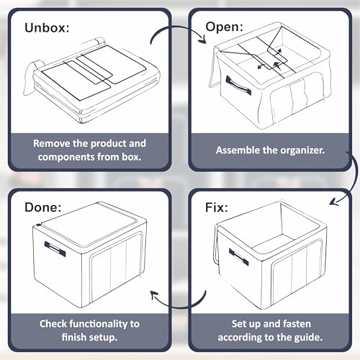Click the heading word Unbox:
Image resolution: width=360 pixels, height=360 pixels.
[47, 27]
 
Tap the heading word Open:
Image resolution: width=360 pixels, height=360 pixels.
[224, 27]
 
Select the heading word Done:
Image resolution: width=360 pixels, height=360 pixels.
[42, 207]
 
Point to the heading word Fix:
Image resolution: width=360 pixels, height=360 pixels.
[216, 207]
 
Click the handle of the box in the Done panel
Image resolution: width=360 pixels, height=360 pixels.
[55, 249]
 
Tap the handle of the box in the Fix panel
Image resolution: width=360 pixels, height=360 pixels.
[238, 257]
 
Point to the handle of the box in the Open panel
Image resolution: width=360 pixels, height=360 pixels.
[238, 85]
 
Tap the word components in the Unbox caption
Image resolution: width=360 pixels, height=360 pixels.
[66, 158]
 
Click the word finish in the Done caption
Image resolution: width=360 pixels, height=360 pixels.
[73, 338]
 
